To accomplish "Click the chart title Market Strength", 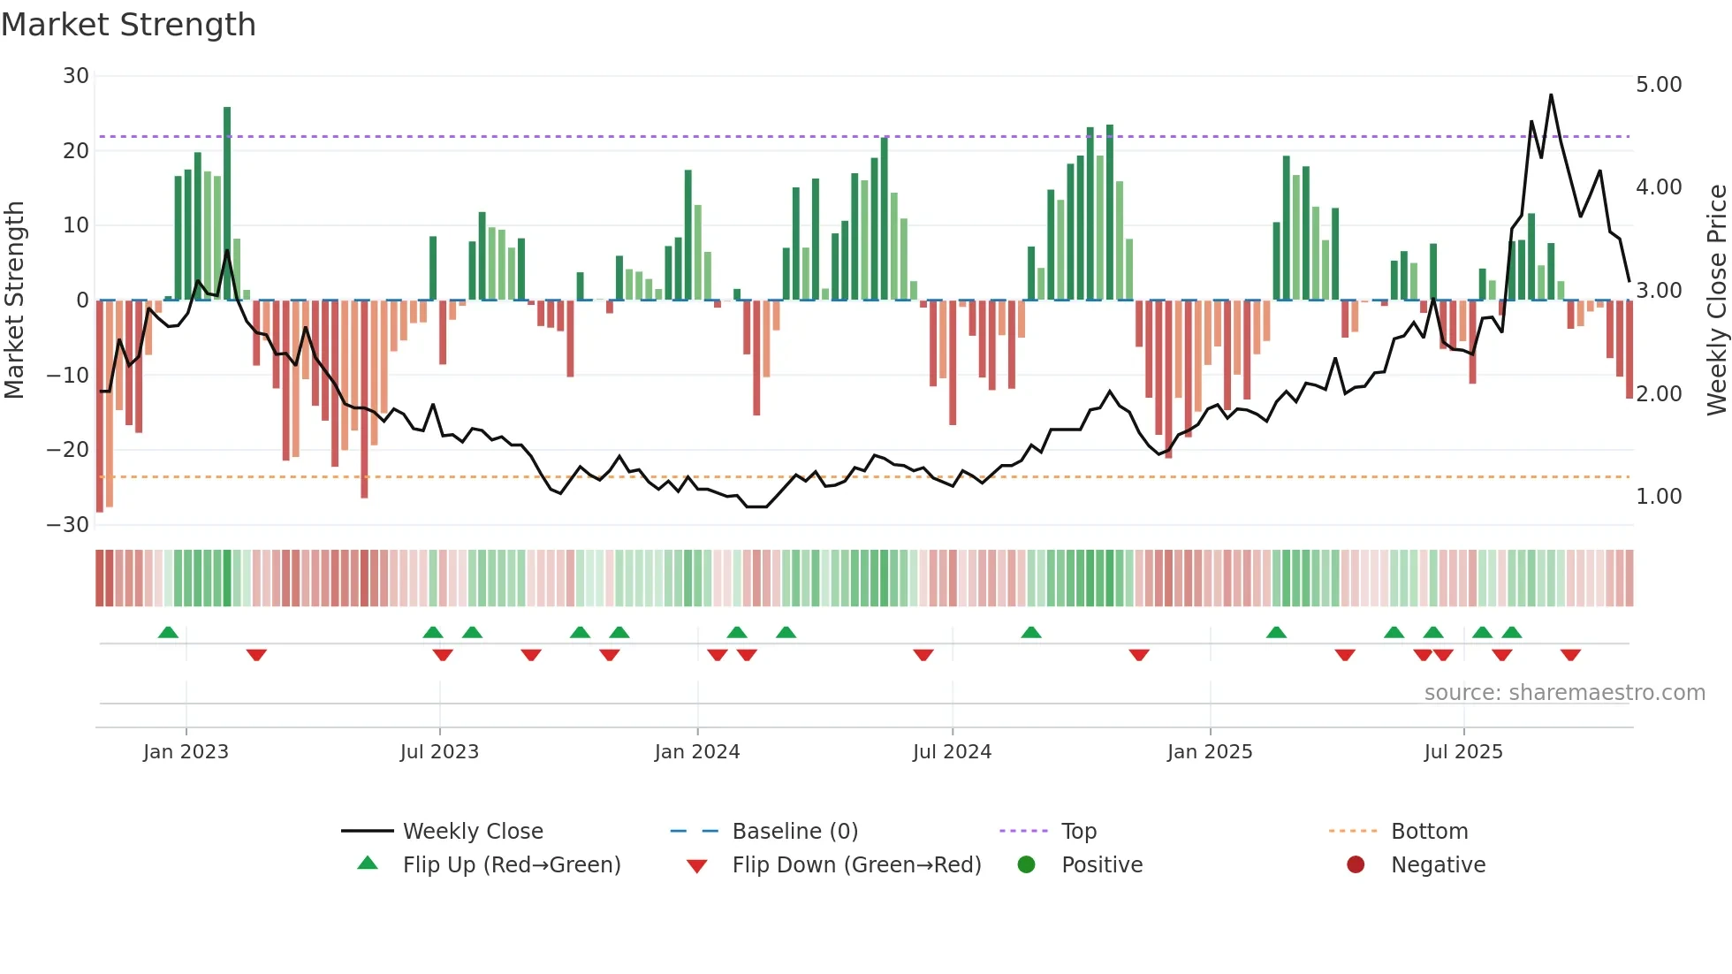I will (128, 25).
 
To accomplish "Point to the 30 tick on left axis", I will (76, 76).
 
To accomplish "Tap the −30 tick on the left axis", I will (68, 525).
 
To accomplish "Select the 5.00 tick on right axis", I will (1658, 85).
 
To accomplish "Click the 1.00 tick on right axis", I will (1658, 497).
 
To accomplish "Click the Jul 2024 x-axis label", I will (952, 752).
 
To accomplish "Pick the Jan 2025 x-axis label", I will (1209, 752).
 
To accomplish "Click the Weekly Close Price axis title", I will (1716, 301).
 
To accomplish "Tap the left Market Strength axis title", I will (14, 301).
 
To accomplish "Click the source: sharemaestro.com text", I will (1564, 693).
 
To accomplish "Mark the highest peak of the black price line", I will (1551, 95).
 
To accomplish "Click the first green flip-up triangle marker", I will (168, 632).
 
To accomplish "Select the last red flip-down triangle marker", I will (1570, 655).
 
